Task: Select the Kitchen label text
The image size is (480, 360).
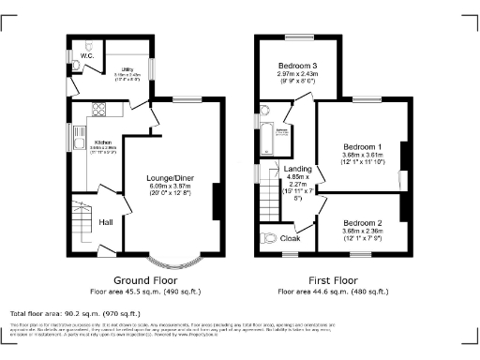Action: tap(103, 142)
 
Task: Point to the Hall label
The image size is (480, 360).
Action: tap(107, 222)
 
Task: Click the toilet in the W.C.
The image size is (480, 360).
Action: tap(86, 44)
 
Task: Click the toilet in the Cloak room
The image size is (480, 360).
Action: tap(272, 237)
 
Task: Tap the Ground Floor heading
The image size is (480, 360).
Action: tap(146, 280)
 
